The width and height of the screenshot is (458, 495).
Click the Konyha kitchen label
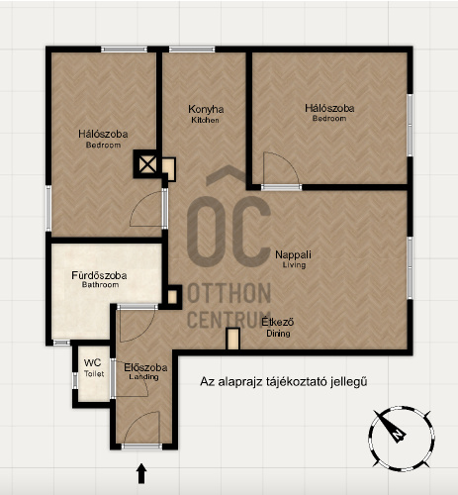206,114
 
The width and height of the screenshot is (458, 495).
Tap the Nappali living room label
293,259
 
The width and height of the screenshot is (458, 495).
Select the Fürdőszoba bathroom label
99,279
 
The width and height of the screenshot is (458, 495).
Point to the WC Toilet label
93,367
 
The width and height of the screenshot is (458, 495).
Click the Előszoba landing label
145,371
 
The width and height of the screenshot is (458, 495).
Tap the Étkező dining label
278,327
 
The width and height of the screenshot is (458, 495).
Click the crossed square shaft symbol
147,164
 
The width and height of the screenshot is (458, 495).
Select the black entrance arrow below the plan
141,473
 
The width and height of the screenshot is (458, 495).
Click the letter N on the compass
399,435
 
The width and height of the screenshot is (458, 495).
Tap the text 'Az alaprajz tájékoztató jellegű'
284,382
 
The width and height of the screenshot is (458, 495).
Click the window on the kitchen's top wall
192,49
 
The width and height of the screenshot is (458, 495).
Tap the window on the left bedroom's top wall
124,49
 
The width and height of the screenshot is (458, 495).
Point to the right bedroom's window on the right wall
410,125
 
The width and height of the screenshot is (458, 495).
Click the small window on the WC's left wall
75,380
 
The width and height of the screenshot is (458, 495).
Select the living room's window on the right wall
410,267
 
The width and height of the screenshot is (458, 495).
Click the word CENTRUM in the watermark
229,320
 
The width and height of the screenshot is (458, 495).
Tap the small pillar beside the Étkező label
233,339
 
